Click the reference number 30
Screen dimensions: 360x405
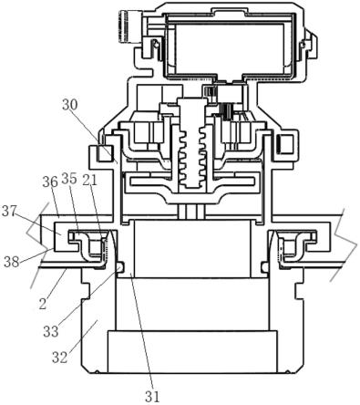click(x=70, y=105)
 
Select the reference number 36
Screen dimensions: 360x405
click(x=50, y=182)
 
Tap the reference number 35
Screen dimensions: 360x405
click(x=69, y=179)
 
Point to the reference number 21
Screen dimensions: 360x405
click(x=89, y=181)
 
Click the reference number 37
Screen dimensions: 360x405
click(x=9, y=211)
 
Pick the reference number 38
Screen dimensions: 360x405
click(x=12, y=262)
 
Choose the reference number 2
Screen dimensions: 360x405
click(x=43, y=304)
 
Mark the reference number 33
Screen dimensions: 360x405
click(x=51, y=331)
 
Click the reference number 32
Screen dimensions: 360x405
click(x=59, y=358)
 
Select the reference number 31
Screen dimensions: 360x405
click(x=152, y=397)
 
